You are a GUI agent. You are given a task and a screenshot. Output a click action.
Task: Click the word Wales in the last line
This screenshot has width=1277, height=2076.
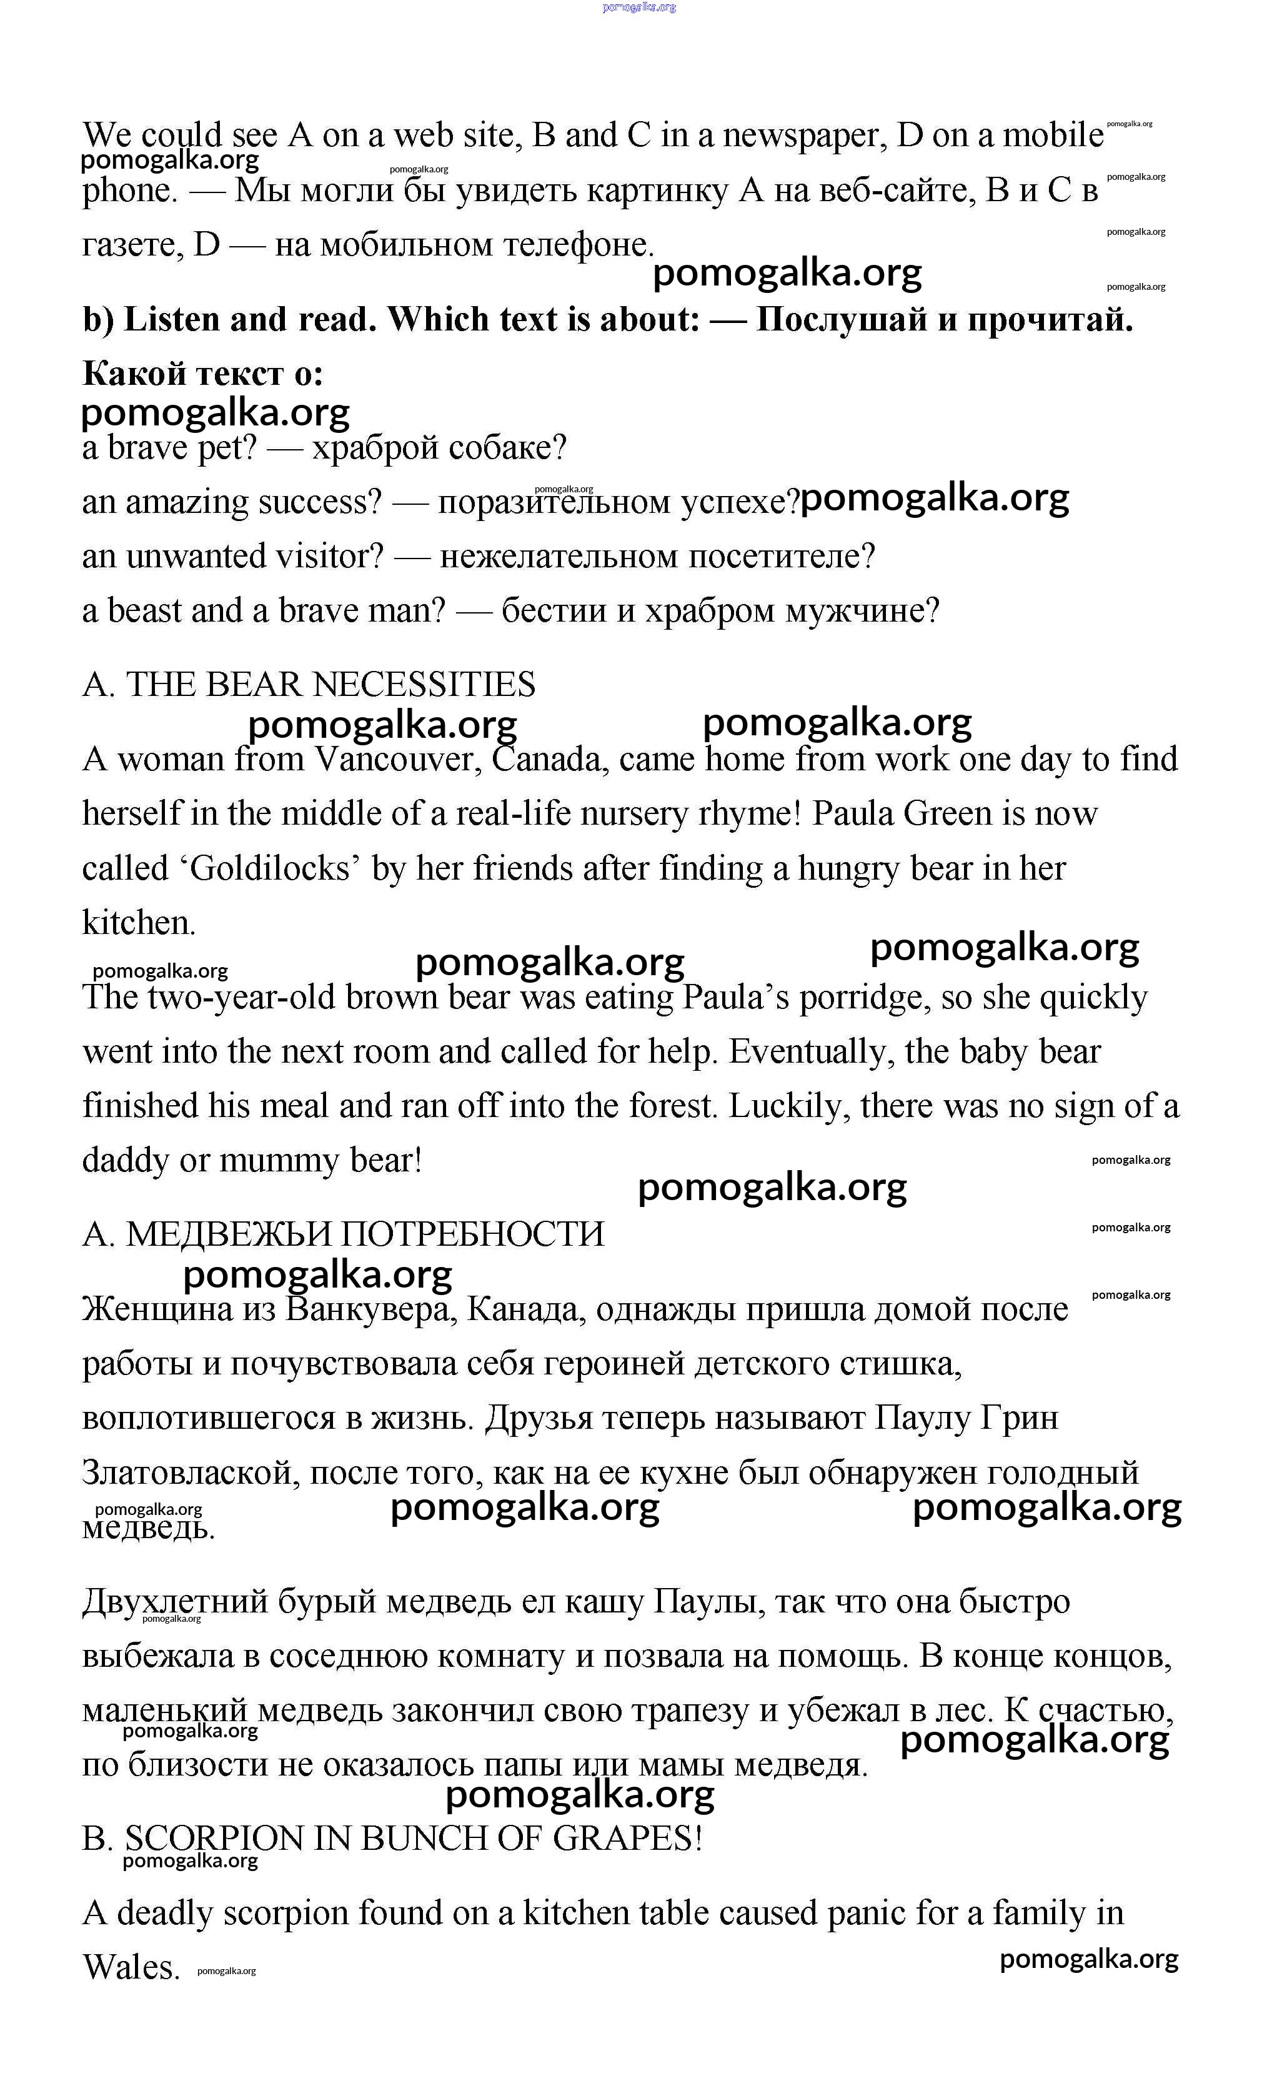[131, 1969]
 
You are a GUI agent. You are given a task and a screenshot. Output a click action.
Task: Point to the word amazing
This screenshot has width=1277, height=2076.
[187, 502]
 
